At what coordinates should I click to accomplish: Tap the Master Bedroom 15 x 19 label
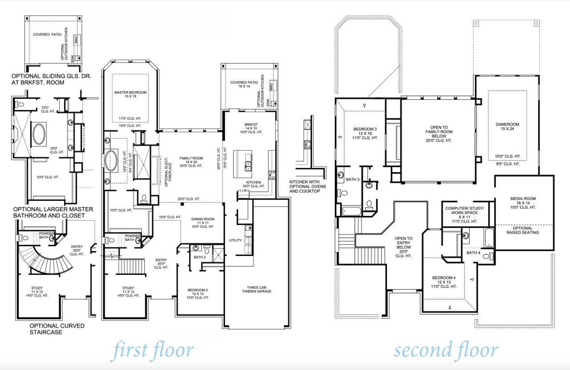click(130, 95)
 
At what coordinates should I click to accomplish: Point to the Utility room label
click(235, 240)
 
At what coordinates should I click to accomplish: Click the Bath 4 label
click(472, 253)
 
